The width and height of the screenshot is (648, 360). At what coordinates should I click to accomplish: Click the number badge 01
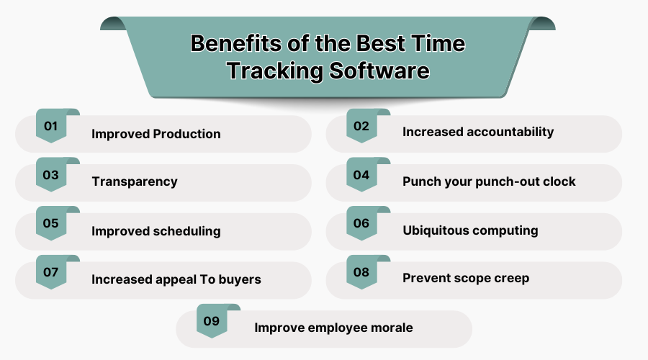pos(50,127)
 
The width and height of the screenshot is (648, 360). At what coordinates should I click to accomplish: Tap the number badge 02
pos(361,127)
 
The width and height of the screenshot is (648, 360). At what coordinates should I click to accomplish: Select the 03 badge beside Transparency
pos(50,175)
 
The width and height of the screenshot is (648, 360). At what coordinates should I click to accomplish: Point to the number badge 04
pos(361,175)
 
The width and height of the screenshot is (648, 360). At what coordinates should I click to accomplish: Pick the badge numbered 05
pos(50,224)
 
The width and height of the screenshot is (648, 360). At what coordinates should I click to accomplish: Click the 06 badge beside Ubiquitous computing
pos(361,224)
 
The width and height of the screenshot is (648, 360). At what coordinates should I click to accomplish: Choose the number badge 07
pos(50,273)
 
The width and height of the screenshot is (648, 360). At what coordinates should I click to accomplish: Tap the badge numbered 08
pos(361,273)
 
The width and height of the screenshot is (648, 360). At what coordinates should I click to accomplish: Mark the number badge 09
pos(211,322)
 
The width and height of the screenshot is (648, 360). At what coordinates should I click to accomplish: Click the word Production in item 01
pos(187,135)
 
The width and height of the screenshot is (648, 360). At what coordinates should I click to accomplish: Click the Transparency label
pos(134,181)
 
